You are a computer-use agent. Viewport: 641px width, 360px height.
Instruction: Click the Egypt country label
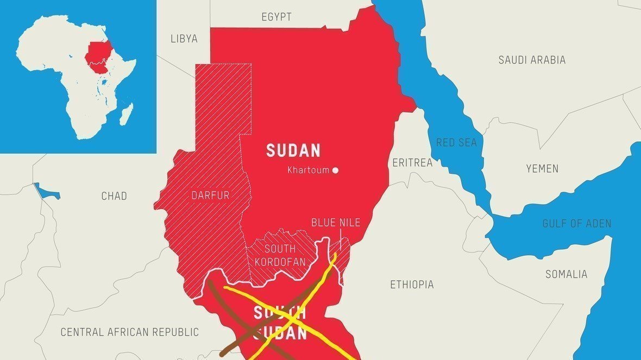click(x=276, y=17)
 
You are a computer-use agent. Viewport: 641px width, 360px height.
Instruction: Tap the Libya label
click(x=184, y=39)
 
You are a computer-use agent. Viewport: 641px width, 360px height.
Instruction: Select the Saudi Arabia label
click(x=532, y=60)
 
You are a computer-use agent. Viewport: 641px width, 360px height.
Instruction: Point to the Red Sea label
click(x=456, y=142)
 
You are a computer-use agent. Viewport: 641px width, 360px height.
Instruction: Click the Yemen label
click(x=542, y=168)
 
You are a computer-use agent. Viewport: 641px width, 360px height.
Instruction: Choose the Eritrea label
click(x=412, y=162)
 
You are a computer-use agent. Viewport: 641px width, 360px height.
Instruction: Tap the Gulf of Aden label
click(x=576, y=223)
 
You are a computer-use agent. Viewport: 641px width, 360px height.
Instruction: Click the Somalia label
click(x=566, y=274)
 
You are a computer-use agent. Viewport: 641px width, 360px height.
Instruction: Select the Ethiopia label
click(x=412, y=284)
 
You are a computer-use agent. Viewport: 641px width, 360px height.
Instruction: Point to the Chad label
click(x=114, y=195)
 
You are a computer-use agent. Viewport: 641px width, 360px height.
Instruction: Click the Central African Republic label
click(x=129, y=332)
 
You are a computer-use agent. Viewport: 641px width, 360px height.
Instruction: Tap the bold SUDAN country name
click(x=293, y=150)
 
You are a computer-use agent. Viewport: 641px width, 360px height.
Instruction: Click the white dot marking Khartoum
click(x=335, y=170)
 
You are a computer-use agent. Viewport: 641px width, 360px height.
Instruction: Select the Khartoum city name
click(x=308, y=170)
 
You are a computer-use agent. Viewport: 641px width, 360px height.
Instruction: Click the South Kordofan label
click(x=280, y=255)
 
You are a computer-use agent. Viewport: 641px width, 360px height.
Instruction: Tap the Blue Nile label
click(x=335, y=223)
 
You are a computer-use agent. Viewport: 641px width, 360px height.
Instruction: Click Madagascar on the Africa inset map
click(x=126, y=113)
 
